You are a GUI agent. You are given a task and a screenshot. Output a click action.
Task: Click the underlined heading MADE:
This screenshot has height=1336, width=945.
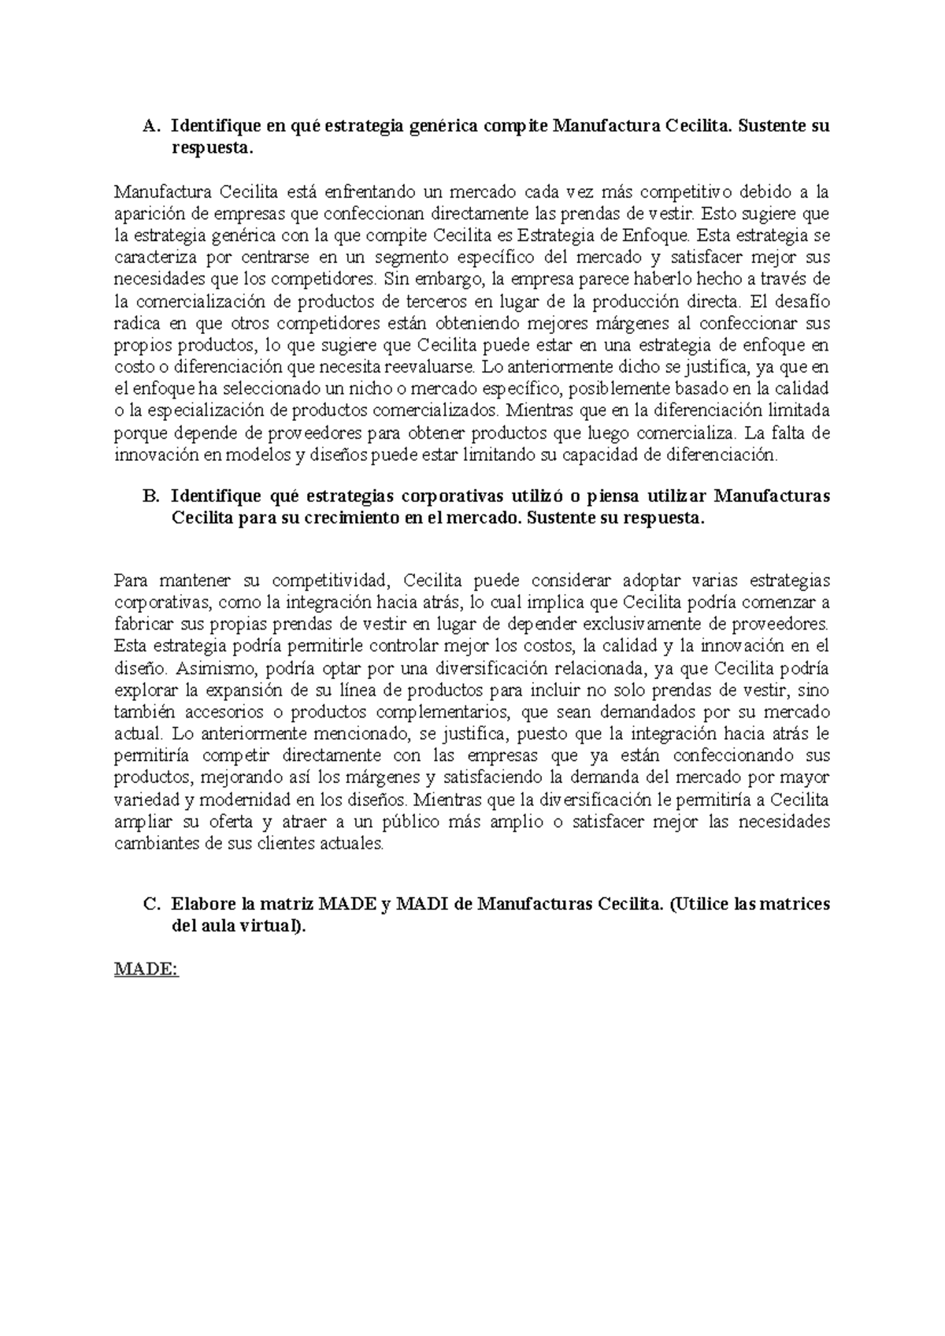tap(146, 970)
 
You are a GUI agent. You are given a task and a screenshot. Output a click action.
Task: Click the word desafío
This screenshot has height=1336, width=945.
tap(802, 301)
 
